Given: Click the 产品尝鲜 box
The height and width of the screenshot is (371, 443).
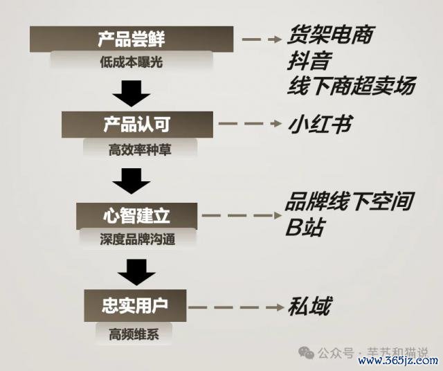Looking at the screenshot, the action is point(132,39).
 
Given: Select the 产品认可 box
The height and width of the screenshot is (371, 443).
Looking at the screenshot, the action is point(137,125).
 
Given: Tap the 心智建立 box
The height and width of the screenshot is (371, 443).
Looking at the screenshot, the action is point(137,216).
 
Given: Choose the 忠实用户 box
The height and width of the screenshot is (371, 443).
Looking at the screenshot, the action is point(135,305).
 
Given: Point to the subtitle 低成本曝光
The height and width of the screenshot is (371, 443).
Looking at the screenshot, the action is point(132,62).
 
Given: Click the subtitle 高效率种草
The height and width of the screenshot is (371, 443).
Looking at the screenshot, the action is point(140,150).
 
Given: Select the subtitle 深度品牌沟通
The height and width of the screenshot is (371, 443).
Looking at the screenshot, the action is point(138,239).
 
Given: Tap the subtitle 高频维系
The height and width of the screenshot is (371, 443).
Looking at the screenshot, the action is point(134,334).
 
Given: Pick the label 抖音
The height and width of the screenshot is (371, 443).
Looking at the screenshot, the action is point(309,60).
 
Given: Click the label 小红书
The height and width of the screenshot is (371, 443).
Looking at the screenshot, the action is point(320,125).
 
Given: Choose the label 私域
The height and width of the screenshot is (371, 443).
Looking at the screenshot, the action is point(309,306).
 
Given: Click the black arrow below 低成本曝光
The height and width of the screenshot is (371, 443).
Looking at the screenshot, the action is point(131,93).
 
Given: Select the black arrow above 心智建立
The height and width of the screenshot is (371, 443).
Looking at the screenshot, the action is point(131,181).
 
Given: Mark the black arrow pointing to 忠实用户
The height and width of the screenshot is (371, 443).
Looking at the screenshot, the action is point(136,272).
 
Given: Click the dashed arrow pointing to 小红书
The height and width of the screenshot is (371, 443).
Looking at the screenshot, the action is point(251,123).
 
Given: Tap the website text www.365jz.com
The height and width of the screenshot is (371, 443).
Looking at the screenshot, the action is point(398,361).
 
